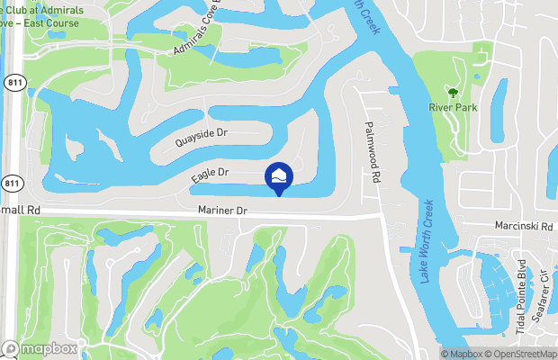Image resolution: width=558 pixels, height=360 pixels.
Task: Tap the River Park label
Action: tap(453, 108)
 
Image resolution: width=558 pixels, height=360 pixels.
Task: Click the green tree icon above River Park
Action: tap(453, 92)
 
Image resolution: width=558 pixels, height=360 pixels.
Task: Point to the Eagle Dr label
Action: tap(211, 175)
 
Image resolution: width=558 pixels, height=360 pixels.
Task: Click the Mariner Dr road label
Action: tap(223, 210)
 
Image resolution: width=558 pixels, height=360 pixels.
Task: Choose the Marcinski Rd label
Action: tap(522, 227)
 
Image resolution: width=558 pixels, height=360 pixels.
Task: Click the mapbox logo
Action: tap(40, 348)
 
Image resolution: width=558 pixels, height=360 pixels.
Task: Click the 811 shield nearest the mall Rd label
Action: tap(12, 184)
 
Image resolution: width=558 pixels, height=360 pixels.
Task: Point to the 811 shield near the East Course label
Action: tap(12, 82)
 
